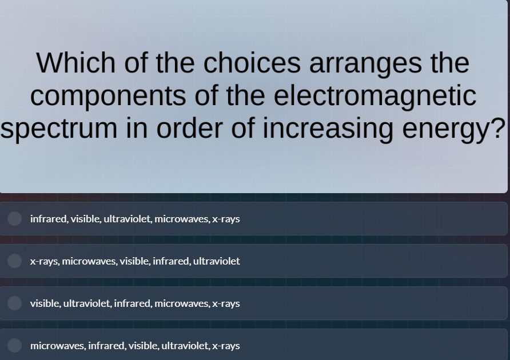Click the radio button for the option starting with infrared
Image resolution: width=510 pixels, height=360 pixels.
[x=15, y=218]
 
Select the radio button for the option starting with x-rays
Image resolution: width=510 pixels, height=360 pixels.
[x=15, y=261]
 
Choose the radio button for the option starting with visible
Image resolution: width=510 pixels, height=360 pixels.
[x=15, y=303]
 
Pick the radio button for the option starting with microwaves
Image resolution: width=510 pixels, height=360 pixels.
[x=15, y=345]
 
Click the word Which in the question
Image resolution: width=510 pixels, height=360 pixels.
[x=75, y=63]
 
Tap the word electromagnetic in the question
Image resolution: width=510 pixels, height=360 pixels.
[x=374, y=95]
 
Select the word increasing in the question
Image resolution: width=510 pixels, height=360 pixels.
[x=328, y=128]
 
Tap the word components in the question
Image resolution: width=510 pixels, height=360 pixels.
[x=108, y=95]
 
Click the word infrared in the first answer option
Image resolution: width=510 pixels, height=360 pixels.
[x=49, y=219]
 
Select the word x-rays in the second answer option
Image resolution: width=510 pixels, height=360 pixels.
[x=44, y=261]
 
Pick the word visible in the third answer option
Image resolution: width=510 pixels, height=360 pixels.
[x=45, y=303]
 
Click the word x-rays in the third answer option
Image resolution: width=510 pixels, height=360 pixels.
[x=226, y=303]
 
